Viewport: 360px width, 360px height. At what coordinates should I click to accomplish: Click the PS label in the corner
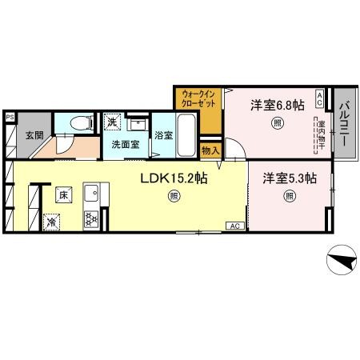click(10, 116)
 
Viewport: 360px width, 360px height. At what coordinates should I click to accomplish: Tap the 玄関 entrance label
click(33, 134)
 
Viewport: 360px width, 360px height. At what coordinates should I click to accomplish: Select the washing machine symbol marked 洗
click(113, 122)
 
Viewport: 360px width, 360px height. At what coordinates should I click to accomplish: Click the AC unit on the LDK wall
click(236, 226)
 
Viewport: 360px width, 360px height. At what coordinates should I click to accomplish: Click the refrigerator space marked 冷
click(52, 221)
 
